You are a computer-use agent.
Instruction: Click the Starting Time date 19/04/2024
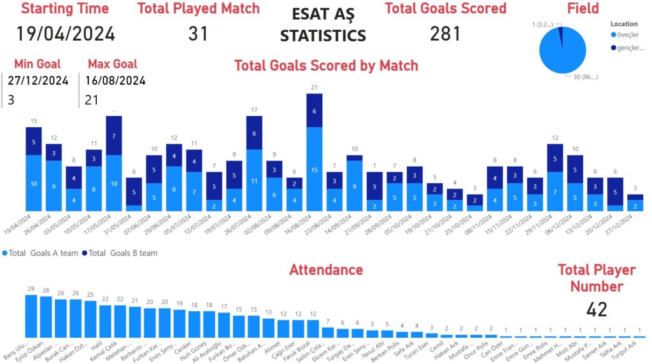coord(66,34)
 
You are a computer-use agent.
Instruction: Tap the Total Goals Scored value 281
coord(445,34)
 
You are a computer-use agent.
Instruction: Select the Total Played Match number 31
coord(198,34)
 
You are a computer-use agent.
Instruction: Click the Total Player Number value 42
coord(597,310)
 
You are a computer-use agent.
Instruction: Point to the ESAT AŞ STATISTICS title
coord(323,25)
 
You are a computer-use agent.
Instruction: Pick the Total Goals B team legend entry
coord(122,253)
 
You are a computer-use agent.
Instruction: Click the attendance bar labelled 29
coord(31,316)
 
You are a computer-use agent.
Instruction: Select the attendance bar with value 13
coord(268,328)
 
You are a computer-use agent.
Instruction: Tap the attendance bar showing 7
coord(327,332)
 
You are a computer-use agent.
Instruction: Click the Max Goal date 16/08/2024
coord(116,81)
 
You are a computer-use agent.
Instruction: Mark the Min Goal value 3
coord(11,100)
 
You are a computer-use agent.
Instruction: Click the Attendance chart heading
coord(326,270)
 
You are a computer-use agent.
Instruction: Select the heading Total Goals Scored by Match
coord(326,66)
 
